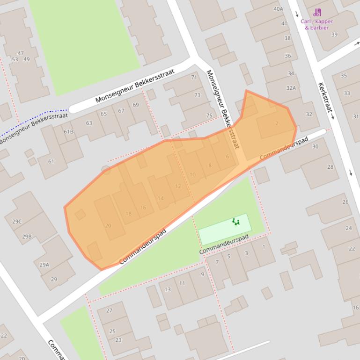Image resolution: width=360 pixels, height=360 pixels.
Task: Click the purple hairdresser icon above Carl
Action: [x=318, y=13]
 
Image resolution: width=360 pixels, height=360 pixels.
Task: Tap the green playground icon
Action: [x=235, y=222]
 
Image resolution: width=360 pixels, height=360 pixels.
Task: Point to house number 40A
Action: [x=278, y=9]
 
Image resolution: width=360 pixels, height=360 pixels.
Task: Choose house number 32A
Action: [x=291, y=88]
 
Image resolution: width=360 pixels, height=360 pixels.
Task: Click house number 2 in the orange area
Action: [x=277, y=123]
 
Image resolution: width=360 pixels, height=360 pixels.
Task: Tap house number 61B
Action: [x=69, y=132]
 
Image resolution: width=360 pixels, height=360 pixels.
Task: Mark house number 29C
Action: [x=17, y=222]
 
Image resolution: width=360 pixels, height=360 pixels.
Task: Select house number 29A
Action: [x=44, y=265]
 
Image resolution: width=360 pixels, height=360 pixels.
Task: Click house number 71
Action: [x=194, y=77]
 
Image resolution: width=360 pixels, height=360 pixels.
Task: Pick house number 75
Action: [x=209, y=115]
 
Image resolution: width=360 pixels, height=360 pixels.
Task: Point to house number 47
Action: [x=21, y=53]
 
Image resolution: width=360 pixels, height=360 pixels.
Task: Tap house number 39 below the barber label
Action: [x=334, y=34]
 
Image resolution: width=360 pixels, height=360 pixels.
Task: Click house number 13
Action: [x=167, y=289]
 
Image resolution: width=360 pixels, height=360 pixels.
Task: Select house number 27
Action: [x=109, y=310]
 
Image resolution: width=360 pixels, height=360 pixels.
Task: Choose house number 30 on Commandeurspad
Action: [x=315, y=146]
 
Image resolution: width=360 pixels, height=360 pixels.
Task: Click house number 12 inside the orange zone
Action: [x=177, y=186]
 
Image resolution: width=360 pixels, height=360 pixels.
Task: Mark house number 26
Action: [x=345, y=202]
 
